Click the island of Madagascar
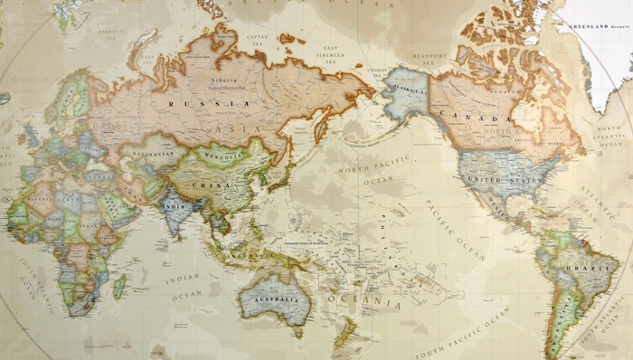[119, 287]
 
